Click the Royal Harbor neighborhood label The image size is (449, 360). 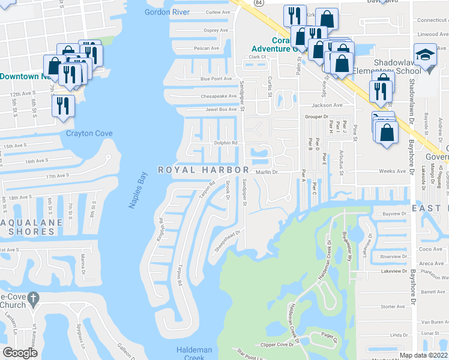(203, 170)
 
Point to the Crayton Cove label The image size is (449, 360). (89, 133)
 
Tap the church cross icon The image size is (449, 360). (34, 297)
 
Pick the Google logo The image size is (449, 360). (20, 353)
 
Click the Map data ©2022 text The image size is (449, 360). (423, 355)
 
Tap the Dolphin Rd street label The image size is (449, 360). (226, 143)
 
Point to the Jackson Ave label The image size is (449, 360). (327, 104)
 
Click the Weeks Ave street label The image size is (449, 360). (393, 171)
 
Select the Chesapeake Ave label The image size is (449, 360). (219, 95)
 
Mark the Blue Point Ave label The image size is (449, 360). (216, 79)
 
